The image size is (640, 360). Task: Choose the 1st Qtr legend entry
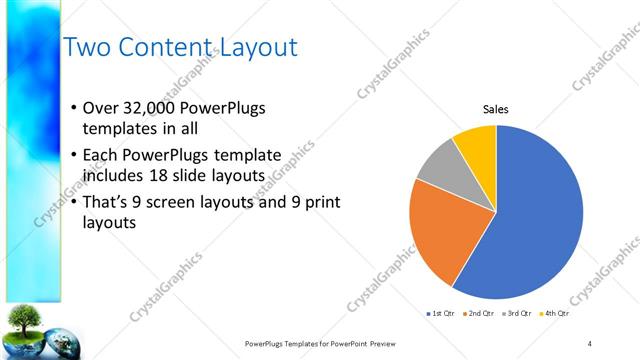coord(439,314)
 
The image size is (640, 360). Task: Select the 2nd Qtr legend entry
coord(480,314)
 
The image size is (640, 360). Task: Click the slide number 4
coord(590,343)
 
